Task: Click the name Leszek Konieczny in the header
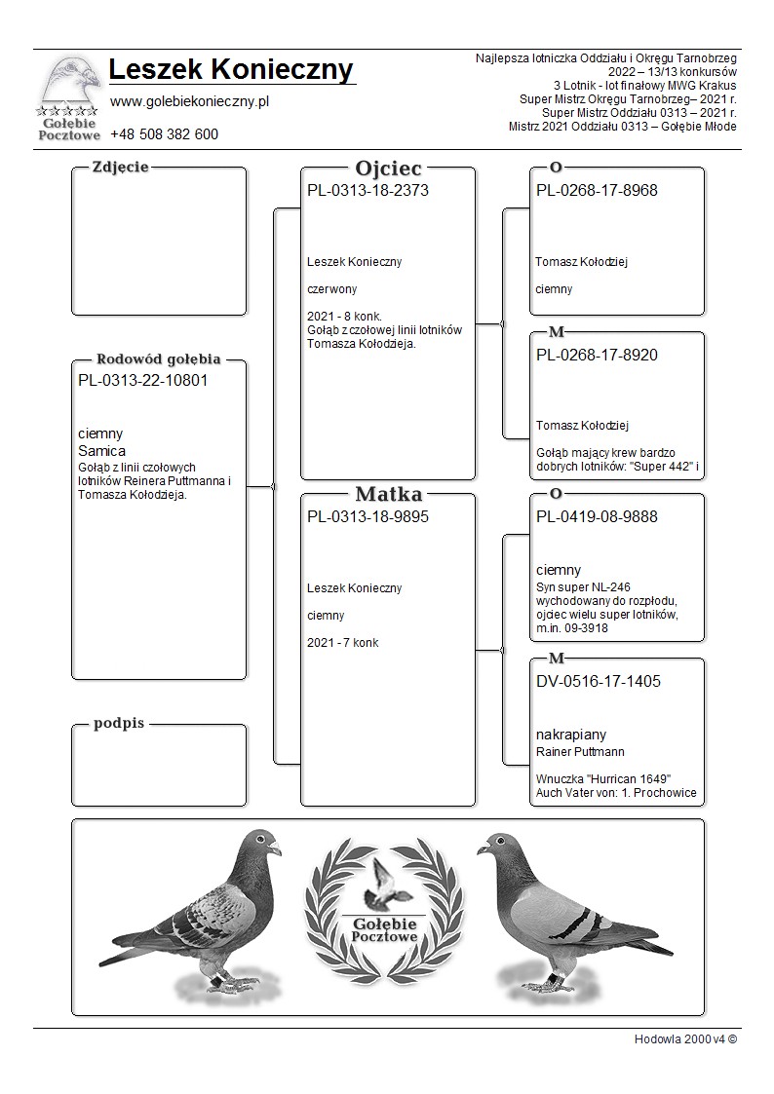(x=231, y=70)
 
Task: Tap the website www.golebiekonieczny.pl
(x=190, y=101)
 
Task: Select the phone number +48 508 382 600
(x=164, y=134)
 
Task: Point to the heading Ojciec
(x=388, y=168)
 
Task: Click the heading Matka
(x=388, y=494)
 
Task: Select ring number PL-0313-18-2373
(x=368, y=191)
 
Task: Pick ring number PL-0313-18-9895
(x=368, y=517)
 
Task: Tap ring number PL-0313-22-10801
(x=142, y=381)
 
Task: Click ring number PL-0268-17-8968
(x=597, y=191)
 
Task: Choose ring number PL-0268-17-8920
(x=597, y=356)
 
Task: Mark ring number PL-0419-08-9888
(x=597, y=517)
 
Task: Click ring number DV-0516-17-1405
(x=599, y=682)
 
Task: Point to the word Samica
(x=101, y=451)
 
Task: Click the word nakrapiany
(x=571, y=735)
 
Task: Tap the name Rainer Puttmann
(x=580, y=752)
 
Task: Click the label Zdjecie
(x=120, y=167)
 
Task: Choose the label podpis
(x=119, y=724)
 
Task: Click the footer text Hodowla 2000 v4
(x=684, y=1038)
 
